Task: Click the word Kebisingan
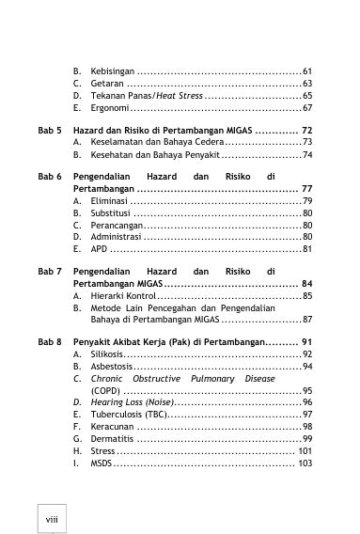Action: click(112, 71)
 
